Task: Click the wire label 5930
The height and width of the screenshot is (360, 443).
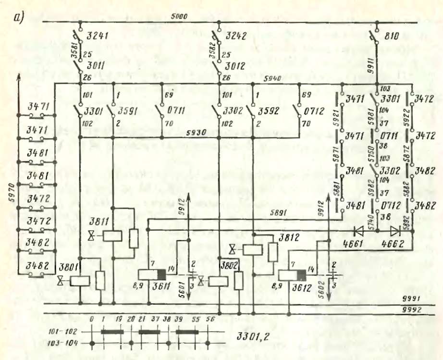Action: tap(197, 132)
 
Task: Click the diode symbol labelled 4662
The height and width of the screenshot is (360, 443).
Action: tap(394, 230)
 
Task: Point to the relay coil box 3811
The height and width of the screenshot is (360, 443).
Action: tap(113, 236)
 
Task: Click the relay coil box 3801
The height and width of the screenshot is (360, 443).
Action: tap(80, 281)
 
